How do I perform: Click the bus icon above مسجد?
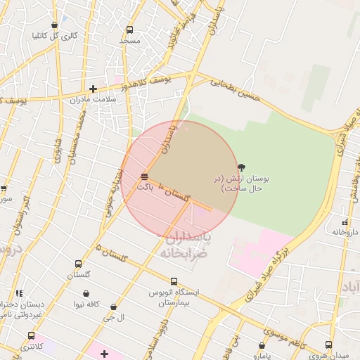pyautogui.click(x=129, y=30)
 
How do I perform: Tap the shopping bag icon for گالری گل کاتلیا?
pyautogui.click(x=54, y=25)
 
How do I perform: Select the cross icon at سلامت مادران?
pyautogui.click(x=93, y=89)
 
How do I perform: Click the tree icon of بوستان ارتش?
pyautogui.click(x=242, y=167)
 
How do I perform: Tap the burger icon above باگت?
pyautogui.click(x=144, y=176)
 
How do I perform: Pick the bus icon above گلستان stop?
pyautogui.click(x=78, y=264)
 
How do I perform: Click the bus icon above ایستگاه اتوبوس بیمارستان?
pyautogui.click(x=174, y=281)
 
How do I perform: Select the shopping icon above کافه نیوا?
pyautogui.click(x=86, y=294)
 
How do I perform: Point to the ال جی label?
pyautogui.click(x=114, y=318)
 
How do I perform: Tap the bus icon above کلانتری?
pyautogui.click(x=30, y=335)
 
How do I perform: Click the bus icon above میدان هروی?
pyautogui.click(x=328, y=345)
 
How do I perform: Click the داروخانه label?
pyautogui.click(x=345, y=231)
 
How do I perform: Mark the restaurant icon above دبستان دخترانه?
pyautogui.click(x=19, y=293)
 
